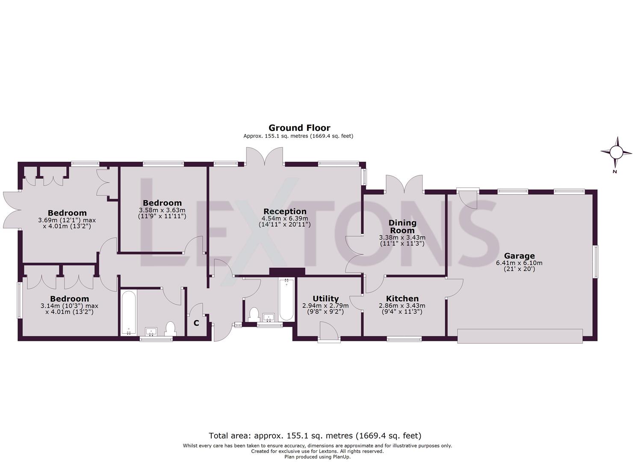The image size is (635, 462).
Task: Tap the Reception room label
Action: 285,211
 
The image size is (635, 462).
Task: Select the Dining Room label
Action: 402,226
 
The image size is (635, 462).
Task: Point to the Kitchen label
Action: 402,299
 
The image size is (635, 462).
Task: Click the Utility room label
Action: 325,299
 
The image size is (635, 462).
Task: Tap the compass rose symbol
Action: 616,152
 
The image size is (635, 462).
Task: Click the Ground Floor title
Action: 299,127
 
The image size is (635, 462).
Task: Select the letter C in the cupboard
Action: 196,323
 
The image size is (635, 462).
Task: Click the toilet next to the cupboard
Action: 170,328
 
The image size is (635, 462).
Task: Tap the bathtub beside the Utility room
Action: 286,299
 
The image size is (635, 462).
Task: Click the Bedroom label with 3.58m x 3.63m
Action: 162,203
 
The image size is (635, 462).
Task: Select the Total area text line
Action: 315,436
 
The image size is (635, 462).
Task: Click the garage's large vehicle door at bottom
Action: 520,336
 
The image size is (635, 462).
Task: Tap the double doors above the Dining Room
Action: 405,184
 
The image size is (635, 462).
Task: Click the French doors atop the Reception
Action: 264,157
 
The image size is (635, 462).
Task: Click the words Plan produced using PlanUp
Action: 317,457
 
